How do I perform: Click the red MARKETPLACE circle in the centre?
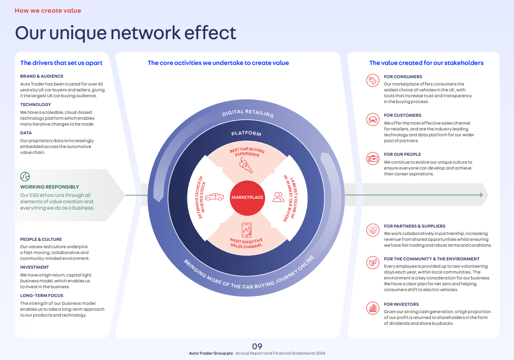click(247, 197)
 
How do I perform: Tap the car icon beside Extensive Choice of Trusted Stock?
click(214, 197)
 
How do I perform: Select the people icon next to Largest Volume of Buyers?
click(278, 197)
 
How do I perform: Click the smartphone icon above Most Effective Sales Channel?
click(247, 230)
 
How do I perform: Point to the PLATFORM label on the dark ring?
click(247, 133)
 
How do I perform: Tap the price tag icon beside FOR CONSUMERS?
click(372, 81)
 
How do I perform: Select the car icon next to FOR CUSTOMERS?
click(372, 119)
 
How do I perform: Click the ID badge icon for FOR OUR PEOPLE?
click(372, 158)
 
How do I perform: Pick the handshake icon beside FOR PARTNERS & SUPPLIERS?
click(372, 230)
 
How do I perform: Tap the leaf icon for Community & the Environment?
click(372, 263)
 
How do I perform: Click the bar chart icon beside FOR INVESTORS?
click(372, 308)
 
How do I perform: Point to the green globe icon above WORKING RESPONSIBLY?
click(25, 176)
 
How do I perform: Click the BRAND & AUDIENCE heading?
click(41, 76)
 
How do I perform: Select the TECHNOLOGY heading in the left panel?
click(36, 105)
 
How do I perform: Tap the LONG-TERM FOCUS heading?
click(41, 296)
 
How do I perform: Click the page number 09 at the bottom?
click(257, 346)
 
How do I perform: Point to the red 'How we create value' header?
click(48, 10)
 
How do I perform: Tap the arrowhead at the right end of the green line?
click(480, 195)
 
